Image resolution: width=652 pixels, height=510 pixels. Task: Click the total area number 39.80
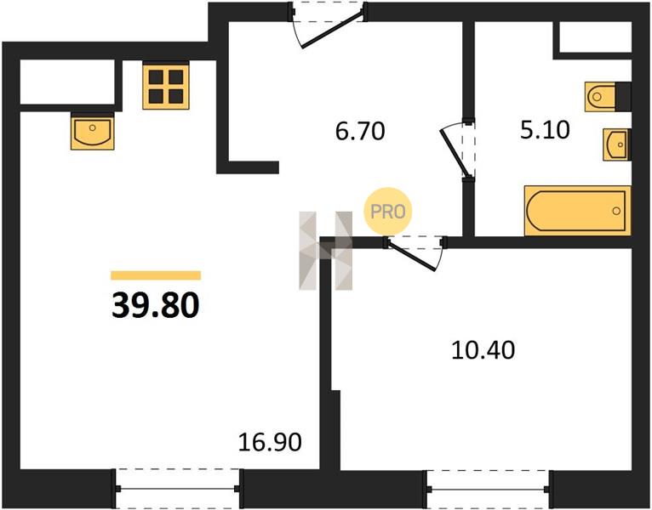click(156, 305)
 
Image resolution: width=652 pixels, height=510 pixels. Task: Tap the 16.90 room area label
click(270, 442)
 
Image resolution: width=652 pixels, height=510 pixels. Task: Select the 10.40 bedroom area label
click(483, 349)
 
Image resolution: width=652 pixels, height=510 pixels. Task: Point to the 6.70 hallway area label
click(360, 131)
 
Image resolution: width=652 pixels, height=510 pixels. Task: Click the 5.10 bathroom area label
click(545, 129)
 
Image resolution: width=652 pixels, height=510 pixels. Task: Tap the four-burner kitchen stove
click(166, 86)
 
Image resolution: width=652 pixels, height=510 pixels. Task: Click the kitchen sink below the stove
click(92, 132)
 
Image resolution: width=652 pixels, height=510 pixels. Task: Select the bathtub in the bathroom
click(578, 211)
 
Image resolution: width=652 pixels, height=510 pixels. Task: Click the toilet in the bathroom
click(600, 97)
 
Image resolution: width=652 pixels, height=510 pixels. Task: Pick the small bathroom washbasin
click(616, 144)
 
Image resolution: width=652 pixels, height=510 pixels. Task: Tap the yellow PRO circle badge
click(387, 212)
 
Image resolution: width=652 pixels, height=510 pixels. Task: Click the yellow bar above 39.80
click(156, 275)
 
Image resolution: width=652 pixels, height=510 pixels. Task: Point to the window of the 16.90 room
click(178, 489)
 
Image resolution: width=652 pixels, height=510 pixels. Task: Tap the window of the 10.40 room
click(489, 490)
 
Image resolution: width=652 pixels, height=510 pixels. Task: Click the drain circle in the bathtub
click(615, 211)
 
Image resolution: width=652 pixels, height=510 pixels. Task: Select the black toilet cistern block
click(623, 97)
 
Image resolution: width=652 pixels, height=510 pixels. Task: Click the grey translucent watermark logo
click(326, 251)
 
